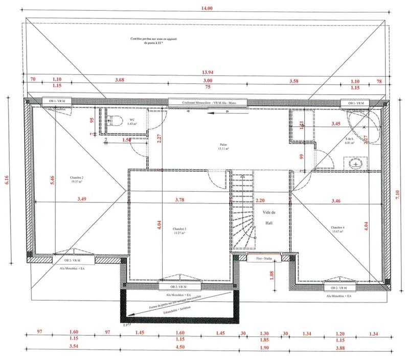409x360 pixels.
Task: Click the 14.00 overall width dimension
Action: point(208,8)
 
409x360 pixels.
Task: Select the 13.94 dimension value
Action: point(208,73)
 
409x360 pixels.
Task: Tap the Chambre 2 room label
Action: point(76,179)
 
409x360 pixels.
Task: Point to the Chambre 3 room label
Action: point(179,231)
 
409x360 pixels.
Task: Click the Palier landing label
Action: point(221,147)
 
